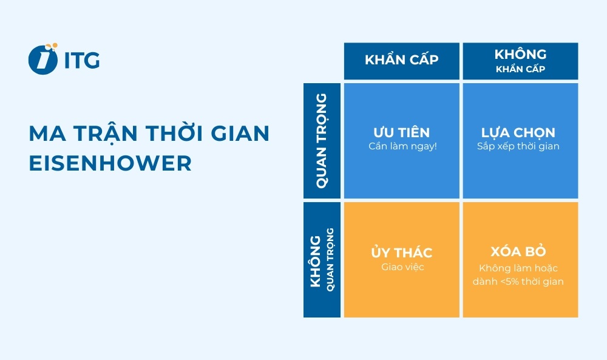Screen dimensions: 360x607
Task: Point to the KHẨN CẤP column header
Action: tap(401, 60)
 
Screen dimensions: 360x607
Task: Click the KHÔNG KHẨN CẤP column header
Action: tap(520, 61)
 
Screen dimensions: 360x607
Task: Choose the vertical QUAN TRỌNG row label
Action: tap(322, 140)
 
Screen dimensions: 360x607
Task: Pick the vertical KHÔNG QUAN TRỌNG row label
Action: tap(322, 259)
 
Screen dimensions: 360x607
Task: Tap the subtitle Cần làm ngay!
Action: tap(401, 146)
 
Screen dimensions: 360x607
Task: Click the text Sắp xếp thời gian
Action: tap(520, 146)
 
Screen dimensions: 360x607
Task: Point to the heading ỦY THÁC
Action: tap(401, 253)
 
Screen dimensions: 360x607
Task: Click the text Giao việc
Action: tap(401, 267)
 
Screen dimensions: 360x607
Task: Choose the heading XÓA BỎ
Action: tap(520, 252)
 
